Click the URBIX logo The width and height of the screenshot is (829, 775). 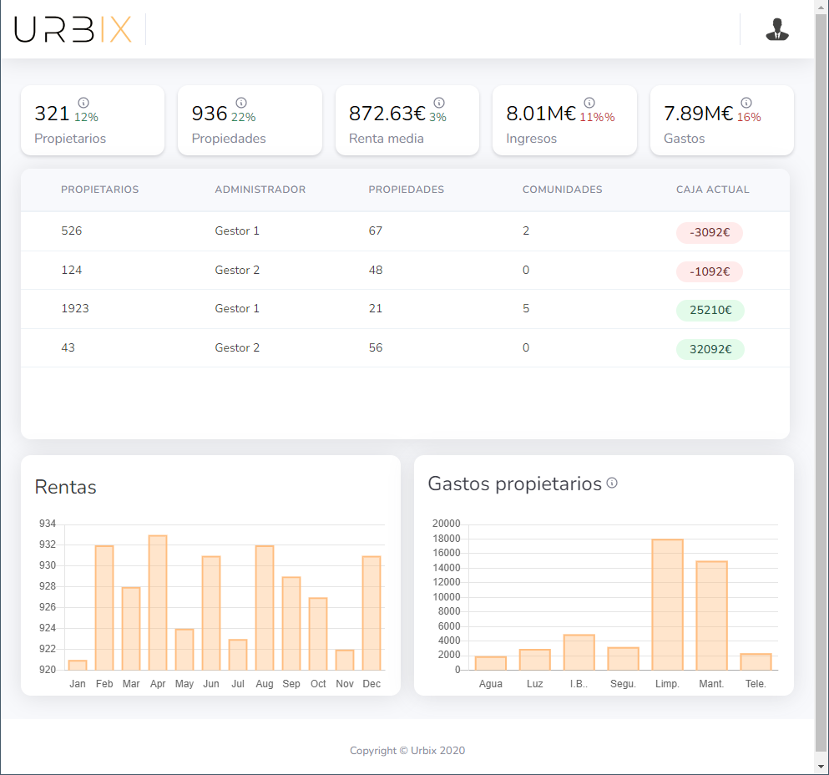[73, 29]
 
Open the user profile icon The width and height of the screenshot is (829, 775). [777, 29]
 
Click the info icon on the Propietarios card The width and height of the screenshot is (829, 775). [83, 103]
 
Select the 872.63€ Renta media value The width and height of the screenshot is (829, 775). [387, 114]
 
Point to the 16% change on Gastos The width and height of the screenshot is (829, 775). [749, 118]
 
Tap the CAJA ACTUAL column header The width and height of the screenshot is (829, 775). [712, 190]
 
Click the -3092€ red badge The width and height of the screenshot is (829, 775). [709, 233]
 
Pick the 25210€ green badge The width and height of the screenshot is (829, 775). [710, 311]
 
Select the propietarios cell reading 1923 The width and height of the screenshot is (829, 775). [75, 309]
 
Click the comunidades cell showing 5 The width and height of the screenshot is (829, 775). [526, 309]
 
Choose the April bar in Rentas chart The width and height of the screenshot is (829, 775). [158, 602]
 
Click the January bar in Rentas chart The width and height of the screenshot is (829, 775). [78, 665]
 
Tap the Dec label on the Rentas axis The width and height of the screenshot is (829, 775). [372, 684]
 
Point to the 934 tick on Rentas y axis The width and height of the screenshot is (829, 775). [48, 524]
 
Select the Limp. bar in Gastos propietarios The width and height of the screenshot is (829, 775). [667, 605]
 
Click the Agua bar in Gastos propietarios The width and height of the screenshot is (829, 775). [491, 663]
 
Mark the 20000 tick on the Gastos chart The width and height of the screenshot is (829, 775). [446, 524]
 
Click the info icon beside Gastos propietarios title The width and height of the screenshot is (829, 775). [612, 483]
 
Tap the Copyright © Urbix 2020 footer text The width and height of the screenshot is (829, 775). [407, 751]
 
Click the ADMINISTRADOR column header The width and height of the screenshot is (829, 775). [260, 190]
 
